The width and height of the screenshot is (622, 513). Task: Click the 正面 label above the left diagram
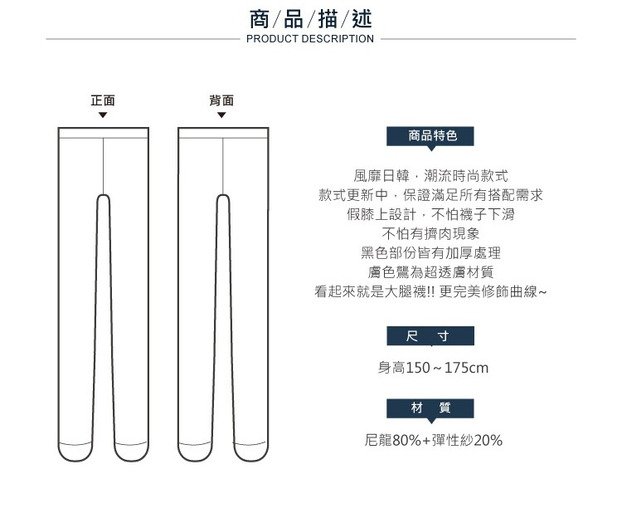coord(103,100)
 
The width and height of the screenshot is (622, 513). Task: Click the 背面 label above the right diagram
coord(221,100)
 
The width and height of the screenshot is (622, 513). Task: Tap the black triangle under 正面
coord(103,115)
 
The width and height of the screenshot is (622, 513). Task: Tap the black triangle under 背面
coord(221,115)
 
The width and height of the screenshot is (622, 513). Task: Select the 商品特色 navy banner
coord(430,136)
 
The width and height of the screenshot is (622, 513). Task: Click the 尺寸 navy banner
coord(430,336)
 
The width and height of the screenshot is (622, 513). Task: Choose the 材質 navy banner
coord(430,408)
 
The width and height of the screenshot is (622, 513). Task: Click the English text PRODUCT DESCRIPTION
coord(310,39)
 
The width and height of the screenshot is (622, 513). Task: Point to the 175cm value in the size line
coord(466,368)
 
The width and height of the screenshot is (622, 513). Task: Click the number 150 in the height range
coord(418,368)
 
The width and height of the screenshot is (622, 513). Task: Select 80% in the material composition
coord(406,440)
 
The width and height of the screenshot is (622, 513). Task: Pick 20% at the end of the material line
coord(488,440)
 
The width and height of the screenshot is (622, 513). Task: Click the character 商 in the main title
coord(260,19)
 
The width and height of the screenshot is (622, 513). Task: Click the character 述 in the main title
coord(362,19)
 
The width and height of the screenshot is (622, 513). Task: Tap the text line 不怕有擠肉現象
coord(430,233)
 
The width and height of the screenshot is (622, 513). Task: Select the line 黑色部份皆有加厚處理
coord(430,253)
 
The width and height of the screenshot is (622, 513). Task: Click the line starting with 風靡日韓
coord(430,175)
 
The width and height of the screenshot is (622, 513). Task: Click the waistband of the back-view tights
coord(223,133)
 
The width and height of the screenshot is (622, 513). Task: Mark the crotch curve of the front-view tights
coord(103,195)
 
